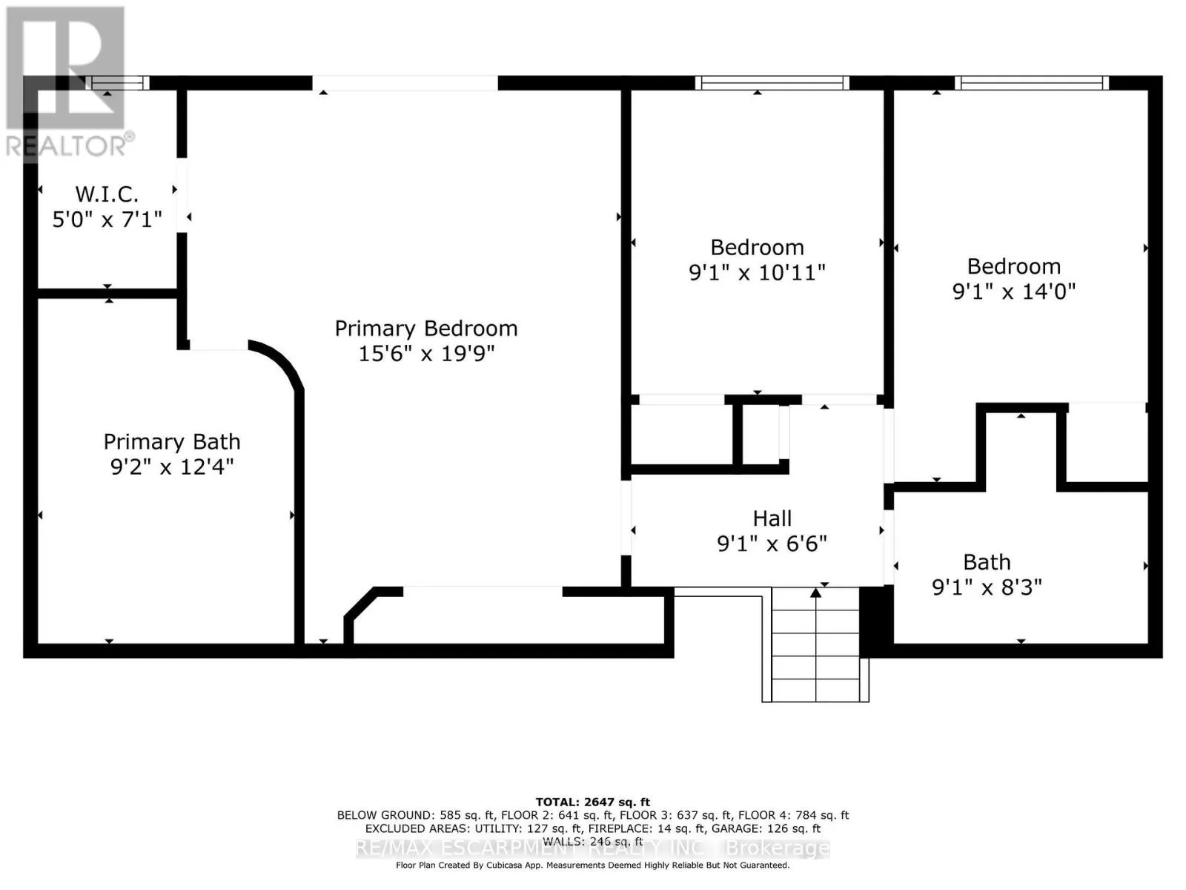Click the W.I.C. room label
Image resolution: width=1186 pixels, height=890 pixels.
tap(107, 194)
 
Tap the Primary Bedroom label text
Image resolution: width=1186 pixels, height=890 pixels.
tap(426, 329)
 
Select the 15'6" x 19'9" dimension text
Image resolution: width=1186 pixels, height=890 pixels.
tap(426, 354)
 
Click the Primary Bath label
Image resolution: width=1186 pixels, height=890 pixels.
tap(172, 441)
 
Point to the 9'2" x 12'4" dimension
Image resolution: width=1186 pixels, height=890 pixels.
tap(172, 467)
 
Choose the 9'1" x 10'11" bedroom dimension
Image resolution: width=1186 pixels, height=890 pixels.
tap(757, 273)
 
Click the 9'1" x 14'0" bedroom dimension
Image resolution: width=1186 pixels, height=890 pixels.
tap(1013, 291)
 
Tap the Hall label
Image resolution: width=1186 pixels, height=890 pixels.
tap(772, 518)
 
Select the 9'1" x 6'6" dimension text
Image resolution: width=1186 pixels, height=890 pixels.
tap(772, 544)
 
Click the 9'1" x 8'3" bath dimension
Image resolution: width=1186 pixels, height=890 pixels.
tap(987, 587)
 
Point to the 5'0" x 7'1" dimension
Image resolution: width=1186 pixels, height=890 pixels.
tap(107, 220)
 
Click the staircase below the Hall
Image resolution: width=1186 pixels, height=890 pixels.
tap(815, 644)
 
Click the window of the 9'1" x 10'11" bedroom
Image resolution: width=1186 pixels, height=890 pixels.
tap(772, 82)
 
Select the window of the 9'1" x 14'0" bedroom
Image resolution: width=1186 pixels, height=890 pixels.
tap(1032, 82)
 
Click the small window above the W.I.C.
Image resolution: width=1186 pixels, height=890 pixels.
tap(117, 82)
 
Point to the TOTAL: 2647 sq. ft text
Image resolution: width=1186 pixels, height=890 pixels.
tap(593, 802)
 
